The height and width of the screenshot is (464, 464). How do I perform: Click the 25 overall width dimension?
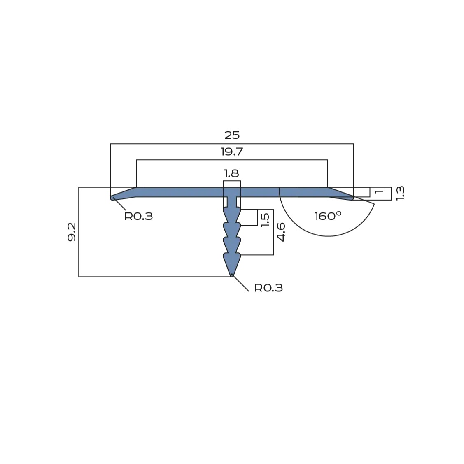click(232, 135)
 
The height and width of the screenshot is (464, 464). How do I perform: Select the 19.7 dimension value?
click(232, 152)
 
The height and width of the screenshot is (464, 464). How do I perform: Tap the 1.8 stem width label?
click(231, 173)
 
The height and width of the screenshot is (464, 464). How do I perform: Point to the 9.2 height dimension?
click(72, 232)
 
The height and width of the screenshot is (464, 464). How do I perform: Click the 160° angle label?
click(328, 216)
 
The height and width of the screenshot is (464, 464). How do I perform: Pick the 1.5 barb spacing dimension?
click(265, 220)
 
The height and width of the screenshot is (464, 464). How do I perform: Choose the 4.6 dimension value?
click(280, 232)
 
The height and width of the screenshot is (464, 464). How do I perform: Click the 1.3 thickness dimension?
click(400, 193)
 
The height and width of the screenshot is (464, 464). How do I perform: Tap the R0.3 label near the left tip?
click(138, 216)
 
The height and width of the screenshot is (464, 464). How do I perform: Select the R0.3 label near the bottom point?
click(268, 288)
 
